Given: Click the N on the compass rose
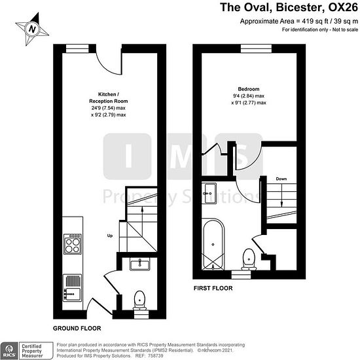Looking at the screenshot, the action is pos(32,29).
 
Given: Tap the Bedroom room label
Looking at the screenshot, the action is pos(249,89).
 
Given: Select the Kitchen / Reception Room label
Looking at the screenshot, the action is pos(109,98).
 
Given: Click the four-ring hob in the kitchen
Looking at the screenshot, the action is pos(72,244).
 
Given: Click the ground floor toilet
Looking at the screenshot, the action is pos(139,300).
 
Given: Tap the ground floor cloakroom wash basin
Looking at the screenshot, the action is pos(140,264).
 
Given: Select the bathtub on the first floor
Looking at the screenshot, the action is pos(213,244).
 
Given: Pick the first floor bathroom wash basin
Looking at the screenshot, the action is pos(209,193).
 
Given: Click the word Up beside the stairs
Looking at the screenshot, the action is pos(110,236).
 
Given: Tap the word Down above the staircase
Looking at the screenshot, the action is pos(281,179).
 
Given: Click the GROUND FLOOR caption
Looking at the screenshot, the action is pos(77,329).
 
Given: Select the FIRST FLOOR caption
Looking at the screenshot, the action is pos(213,288).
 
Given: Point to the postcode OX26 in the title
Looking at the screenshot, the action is pos(343,7).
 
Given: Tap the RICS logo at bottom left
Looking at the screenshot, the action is pos(9,351).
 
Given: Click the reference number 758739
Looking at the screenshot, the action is pos(155,355).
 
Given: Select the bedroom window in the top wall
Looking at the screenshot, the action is pos(256,48).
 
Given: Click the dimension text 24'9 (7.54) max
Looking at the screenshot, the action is pos(109,108).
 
